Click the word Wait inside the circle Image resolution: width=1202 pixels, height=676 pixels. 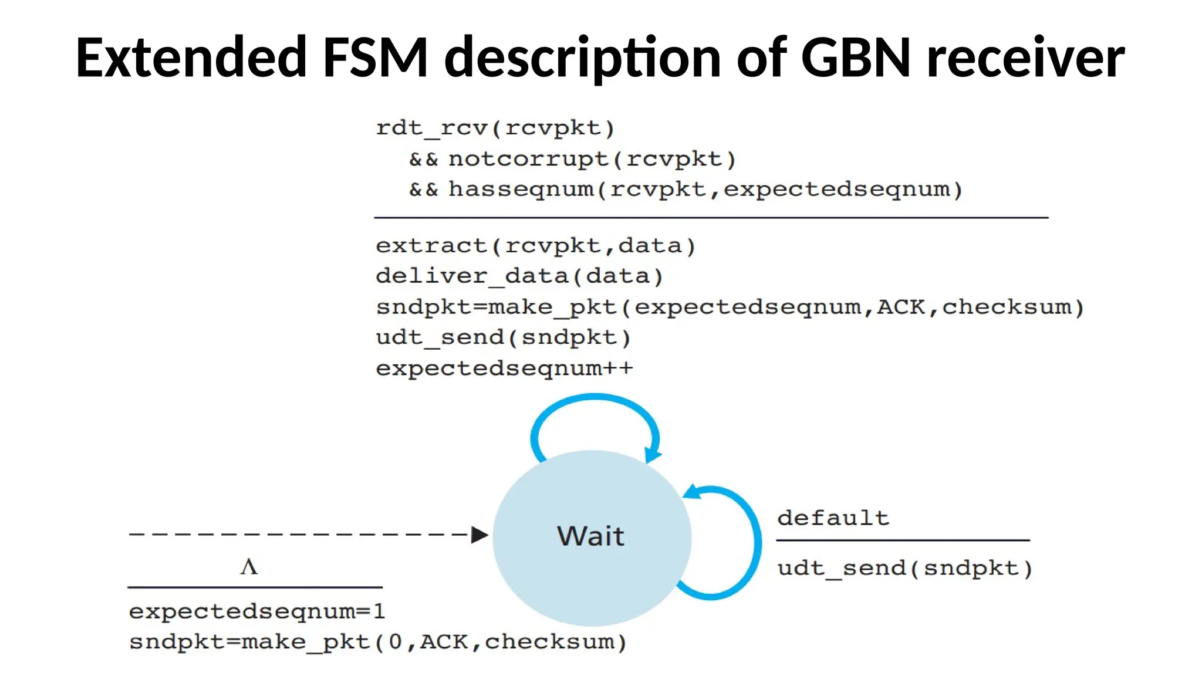590,536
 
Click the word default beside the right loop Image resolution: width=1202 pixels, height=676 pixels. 833,518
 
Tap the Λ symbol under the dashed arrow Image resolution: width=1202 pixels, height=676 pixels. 249,567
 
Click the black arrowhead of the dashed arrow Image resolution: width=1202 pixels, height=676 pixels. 480,535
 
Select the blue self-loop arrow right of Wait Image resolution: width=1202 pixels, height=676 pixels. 757,543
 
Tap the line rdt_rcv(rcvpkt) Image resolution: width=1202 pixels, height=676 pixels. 495,128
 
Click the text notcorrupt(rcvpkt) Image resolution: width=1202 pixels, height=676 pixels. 592,159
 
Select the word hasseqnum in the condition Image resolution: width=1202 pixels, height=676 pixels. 521,190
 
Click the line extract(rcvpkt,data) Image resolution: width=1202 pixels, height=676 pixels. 535,246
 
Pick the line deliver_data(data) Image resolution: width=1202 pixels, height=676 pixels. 519,276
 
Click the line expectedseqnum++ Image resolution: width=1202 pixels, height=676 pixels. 504,369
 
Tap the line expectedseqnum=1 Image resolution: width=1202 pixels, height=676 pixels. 257,611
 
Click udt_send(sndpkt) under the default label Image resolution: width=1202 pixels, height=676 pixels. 904,568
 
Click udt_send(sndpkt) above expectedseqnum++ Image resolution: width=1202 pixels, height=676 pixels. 503,337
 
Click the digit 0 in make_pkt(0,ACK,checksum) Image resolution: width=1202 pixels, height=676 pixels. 395,642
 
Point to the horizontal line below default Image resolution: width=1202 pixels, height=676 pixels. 903,540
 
